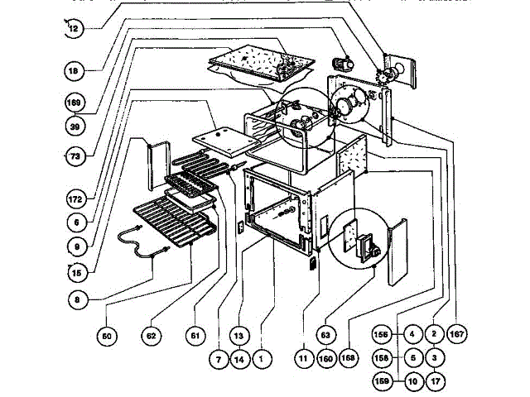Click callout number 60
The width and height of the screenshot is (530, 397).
(x=107, y=336)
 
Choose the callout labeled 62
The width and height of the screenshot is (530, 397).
(x=151, y=336)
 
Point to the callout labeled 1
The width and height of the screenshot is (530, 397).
(x=262, y=360)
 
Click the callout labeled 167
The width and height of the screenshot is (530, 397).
(x=456, y=336)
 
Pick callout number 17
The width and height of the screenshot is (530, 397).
(x=435, y=384)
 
